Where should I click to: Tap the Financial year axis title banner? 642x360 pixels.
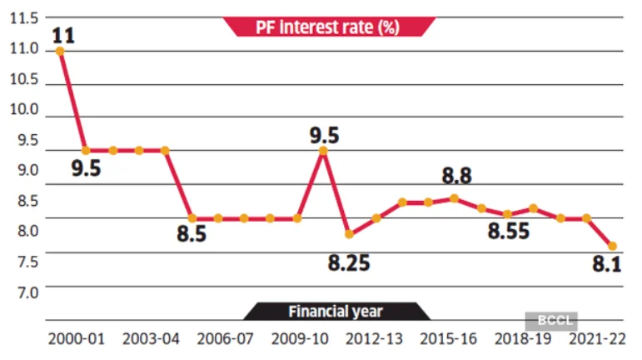click(336, 312)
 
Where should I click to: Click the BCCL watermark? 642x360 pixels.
click(550, 319)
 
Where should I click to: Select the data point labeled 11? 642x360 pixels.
click(59, 51)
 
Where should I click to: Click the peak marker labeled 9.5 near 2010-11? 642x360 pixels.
click(324, 151)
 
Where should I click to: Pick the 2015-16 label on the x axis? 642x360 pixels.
click(448, 340)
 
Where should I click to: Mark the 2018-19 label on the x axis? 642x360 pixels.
click(522, 340)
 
